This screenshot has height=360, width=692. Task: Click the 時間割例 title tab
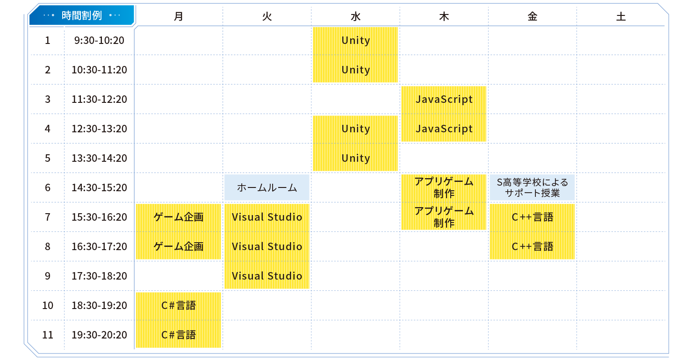[x=82, y=15]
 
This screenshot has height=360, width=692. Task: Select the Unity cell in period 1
[x=355, y=41]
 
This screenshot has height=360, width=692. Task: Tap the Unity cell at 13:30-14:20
[x=355, y=158]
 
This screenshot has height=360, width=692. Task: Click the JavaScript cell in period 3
[x=444, y=100]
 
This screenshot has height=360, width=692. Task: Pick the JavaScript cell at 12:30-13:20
[x=444, y=129]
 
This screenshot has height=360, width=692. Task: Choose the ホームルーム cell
[x=267, y=188]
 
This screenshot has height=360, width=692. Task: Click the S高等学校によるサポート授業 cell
[x=532, y=188]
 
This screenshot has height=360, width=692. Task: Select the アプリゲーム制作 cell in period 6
[x=444, y=187]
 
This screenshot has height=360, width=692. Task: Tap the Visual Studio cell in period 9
[x=267, y=276]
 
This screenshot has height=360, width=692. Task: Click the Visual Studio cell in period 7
[x=267, y=217]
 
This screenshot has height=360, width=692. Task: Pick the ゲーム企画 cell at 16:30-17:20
[x=178, y=246]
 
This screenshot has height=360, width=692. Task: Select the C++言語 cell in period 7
[x=532, y=217]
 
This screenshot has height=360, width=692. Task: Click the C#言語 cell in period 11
[x=178, y=335]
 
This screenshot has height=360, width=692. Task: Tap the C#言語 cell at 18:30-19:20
[x=178, y=305]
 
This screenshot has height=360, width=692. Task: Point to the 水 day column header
[x=355, y=17]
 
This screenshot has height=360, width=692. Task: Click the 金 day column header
[x=532, y=17]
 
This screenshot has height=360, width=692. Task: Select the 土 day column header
[x=620, y=17]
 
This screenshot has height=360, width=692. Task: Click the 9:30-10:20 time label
[x=99, y=41]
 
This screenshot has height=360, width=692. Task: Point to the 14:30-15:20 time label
[x=99, y=188]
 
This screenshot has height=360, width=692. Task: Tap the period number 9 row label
[x=47, y=276]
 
